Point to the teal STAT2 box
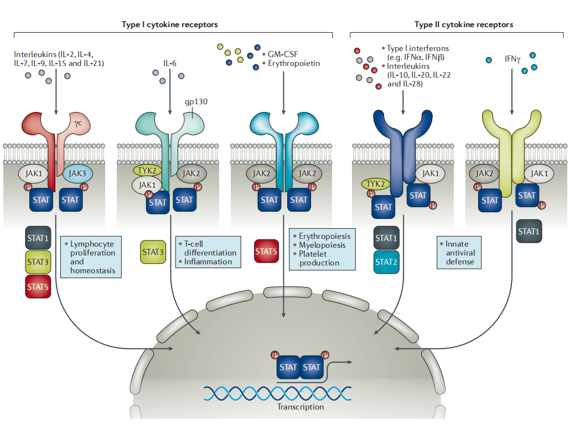coord(386,262)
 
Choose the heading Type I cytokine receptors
coord(169,24)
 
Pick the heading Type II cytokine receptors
coord(464,24)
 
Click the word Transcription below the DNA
coord(301,407)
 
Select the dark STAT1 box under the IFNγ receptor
coord(529,231)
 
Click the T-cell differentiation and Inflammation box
coord(208,253)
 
